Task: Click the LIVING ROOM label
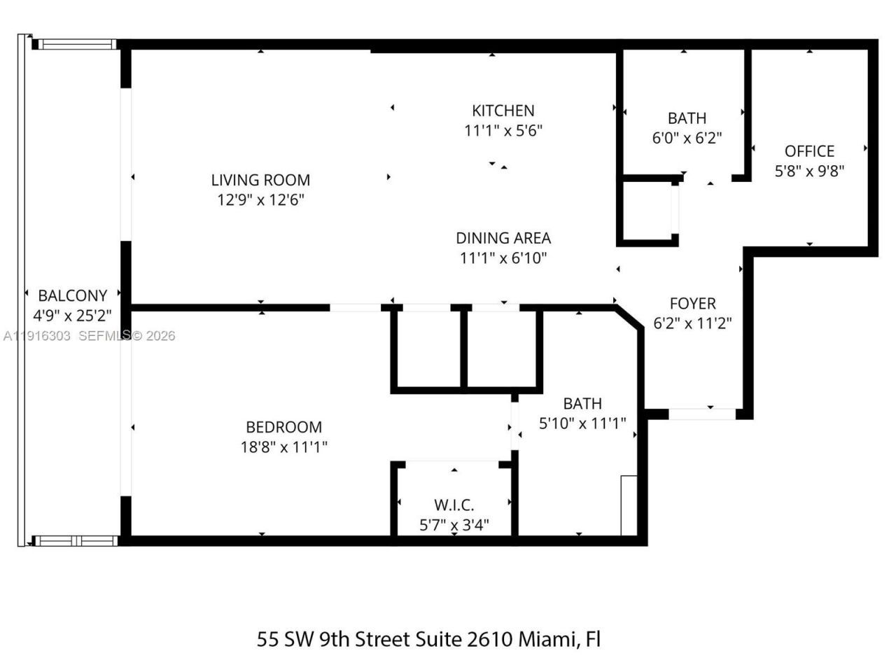tap(260, 180)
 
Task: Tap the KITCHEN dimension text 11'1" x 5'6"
tap(503, 130)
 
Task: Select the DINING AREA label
tap(503, 238)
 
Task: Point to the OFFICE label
tap(809, 151)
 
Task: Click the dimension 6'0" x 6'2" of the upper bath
tap(687, 138)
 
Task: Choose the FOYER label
tap(692, 303)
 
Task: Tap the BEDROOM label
tap(283, 427)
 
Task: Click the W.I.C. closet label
tap(454, 505)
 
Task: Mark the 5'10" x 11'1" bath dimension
tap(582, 423)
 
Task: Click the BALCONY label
tap(73, 295)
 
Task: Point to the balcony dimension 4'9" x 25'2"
tap(73, 315)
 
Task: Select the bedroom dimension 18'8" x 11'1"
tap(283, 447)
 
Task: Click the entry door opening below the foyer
tap(702, 414)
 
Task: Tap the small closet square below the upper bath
tap(646, 211)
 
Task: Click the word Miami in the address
tap(548, 639)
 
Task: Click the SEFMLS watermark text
tap(104, 336)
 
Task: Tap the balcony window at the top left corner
tap(76, 44)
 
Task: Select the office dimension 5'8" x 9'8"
tap(809, 171)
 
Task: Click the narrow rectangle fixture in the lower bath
tap(628, 505)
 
